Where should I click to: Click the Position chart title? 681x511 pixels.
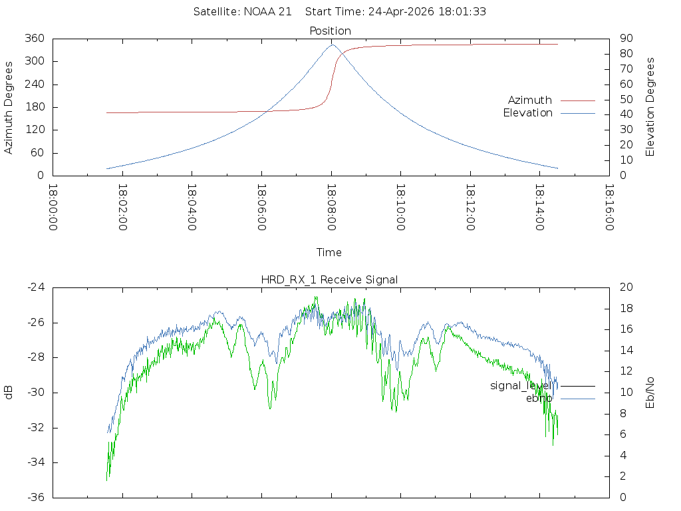330,31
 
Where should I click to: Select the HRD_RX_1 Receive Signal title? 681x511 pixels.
329,280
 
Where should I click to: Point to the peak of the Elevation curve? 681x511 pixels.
333,45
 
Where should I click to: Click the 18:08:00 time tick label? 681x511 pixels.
331,208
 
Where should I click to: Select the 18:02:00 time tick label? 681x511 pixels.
122,208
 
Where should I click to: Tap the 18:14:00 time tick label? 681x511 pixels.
540,208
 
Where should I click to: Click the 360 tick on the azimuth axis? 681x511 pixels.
35,38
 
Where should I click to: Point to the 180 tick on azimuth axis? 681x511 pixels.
35,107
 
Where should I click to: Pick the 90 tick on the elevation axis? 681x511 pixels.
626,38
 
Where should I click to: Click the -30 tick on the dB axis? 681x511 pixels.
36,393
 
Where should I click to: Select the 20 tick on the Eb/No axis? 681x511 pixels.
626,287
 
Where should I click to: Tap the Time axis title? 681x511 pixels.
329,252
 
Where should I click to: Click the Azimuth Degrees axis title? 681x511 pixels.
8,108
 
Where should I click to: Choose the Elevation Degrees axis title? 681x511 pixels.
650,107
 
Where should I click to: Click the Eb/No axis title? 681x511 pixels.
650,393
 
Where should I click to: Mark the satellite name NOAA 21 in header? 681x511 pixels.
267,12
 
